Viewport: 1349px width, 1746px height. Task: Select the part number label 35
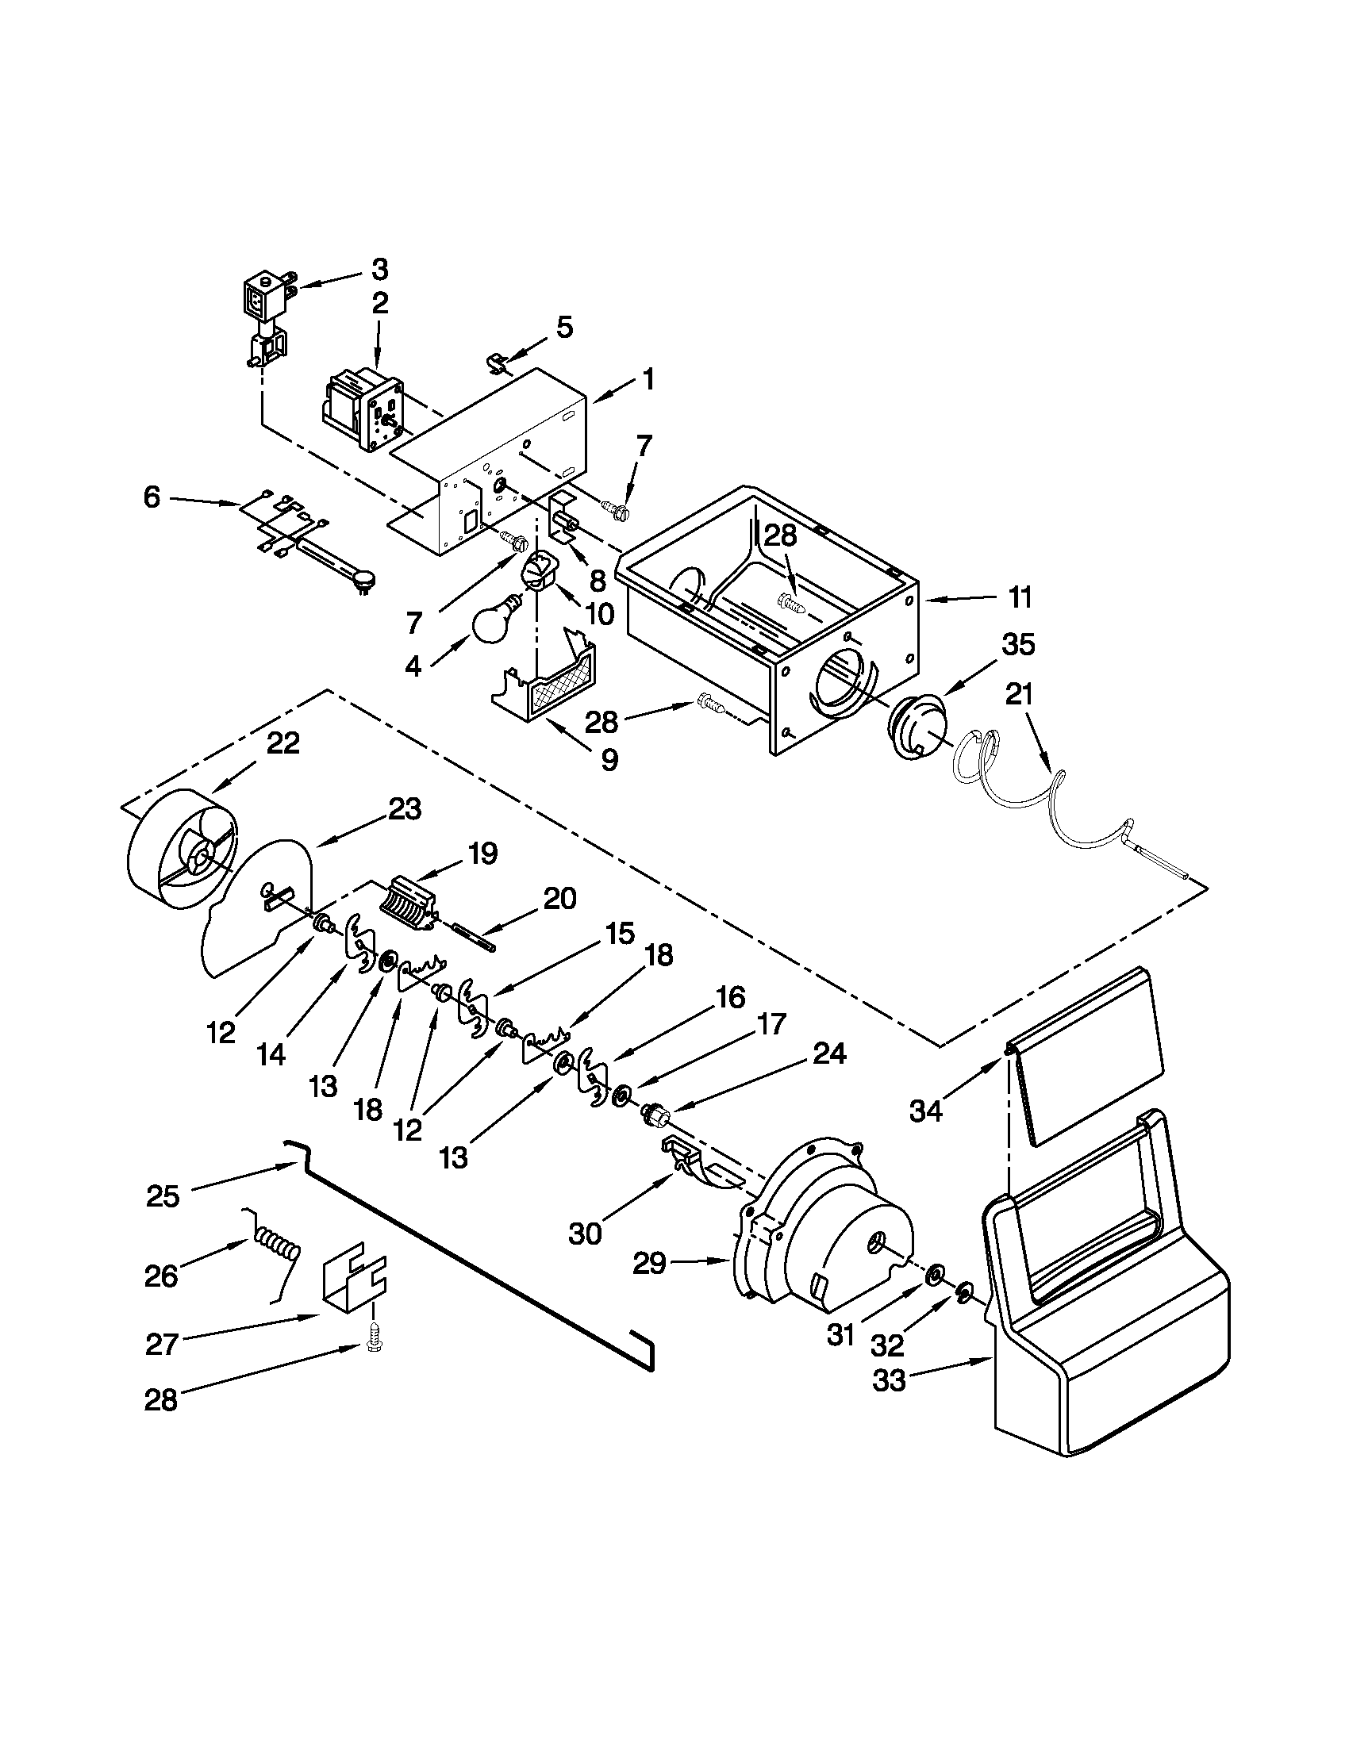[x=1018, y=644]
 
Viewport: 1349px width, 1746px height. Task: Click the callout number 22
[x=282, y=743]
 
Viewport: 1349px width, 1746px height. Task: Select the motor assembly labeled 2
[x=361, y=408]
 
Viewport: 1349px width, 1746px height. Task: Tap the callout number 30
[x=586, y=1233]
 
